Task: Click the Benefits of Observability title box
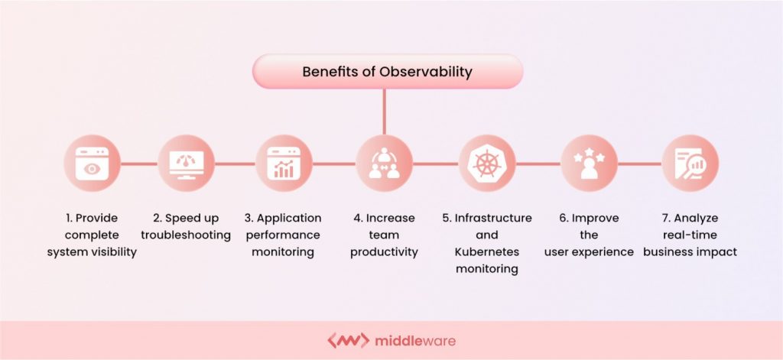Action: click(388, 73)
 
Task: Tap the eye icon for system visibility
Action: click(92, 164)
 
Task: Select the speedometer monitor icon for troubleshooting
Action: click(186, 164)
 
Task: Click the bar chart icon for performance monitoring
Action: click(284, 164)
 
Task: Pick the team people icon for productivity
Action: click(384, 164)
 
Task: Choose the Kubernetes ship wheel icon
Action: click(486, 164)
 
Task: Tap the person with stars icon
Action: click(588, 164)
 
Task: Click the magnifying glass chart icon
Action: click(690, 164)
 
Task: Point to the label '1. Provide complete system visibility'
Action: click(92, 235)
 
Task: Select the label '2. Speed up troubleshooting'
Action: click(186, 226)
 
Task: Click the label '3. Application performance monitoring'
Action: click(284, 235)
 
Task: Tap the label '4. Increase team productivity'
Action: click(384, 235)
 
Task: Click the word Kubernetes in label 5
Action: click(486, 251)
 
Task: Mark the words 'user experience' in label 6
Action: click(589, 251)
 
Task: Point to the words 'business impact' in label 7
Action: click(690, 251)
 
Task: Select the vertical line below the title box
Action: click(384, 111)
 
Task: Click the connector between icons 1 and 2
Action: click(139, 164)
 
